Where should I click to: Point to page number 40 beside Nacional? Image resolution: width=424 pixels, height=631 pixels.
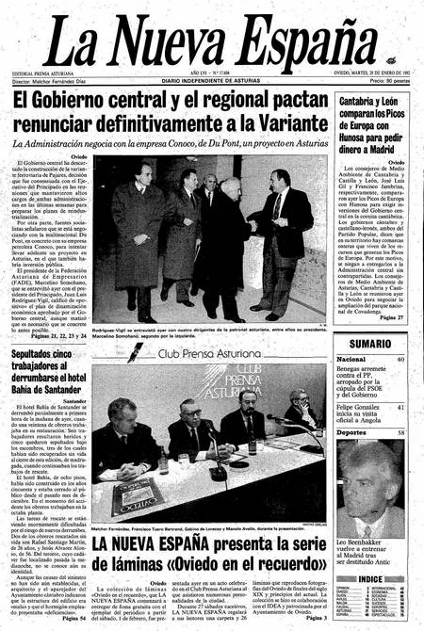tap(400, 359)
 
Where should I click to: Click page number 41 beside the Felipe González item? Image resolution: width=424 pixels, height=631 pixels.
tap(400, 407)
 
